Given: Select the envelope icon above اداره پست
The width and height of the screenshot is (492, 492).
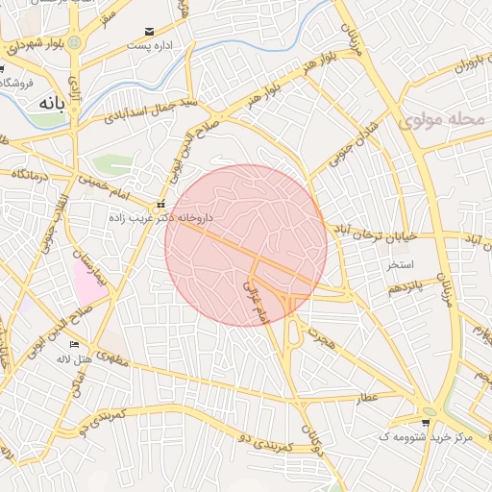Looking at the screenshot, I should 147,32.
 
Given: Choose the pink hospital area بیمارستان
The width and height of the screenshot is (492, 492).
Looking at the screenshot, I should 86,280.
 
